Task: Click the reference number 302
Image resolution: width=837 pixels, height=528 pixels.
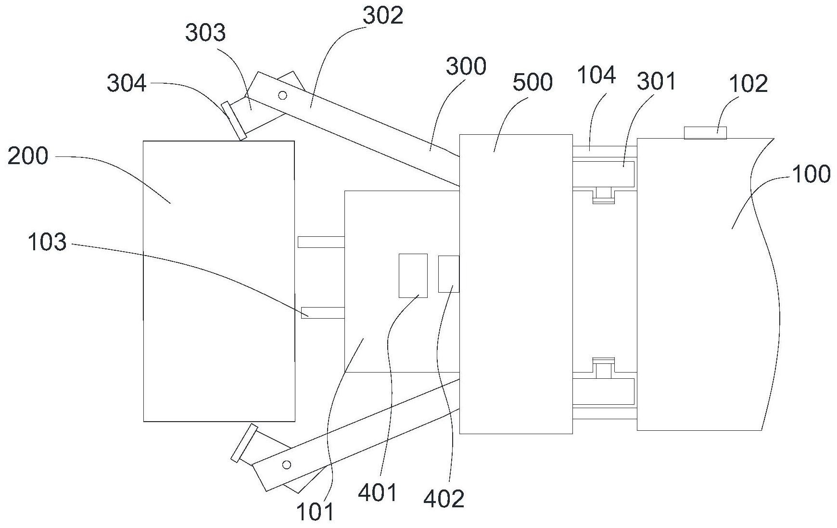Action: [383, 16]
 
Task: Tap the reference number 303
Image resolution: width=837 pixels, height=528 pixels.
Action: [205, 33]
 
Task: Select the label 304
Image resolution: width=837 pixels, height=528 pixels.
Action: [127, 83]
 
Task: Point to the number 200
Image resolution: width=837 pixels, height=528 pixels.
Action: [28, 156]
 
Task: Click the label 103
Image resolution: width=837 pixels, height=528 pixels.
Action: [47, 242]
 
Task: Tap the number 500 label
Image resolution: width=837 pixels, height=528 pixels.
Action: [533, 83]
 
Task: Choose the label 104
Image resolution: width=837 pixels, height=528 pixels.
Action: [596, 76]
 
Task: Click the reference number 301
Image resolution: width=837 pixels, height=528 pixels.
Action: [657, 81]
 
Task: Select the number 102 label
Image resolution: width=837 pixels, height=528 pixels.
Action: [748, 84]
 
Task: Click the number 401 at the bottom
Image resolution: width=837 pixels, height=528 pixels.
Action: [378, 493]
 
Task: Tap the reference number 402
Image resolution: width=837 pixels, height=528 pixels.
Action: [444, 499]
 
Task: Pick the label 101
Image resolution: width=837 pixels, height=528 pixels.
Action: [314, 513]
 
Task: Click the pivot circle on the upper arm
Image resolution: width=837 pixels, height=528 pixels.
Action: [283, 95]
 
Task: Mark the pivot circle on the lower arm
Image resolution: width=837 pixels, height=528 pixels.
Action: [287, 464]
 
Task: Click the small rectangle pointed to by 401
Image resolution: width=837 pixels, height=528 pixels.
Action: [413, 276]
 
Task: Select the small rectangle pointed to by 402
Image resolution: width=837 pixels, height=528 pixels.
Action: [449, 274]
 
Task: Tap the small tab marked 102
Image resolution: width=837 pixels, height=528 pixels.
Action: [705, 132]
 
